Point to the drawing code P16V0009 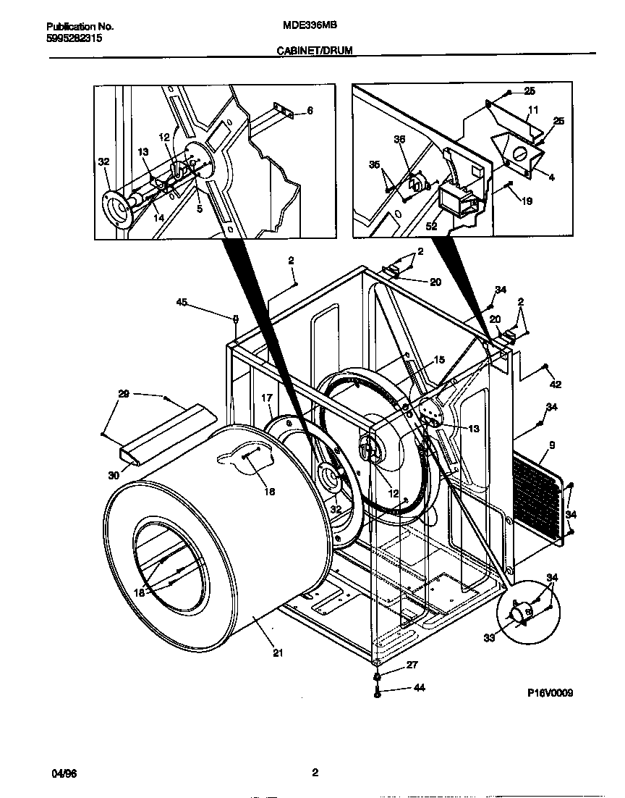550,693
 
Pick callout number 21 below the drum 279,653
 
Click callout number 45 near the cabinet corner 182,303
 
